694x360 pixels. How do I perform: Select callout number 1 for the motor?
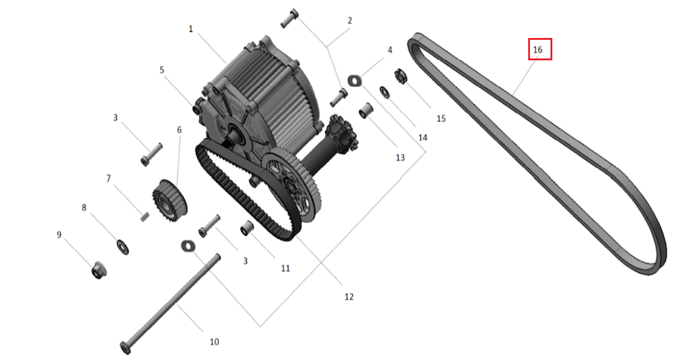click(x=191, y=28)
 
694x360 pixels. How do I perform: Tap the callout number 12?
click(x=349, y=297)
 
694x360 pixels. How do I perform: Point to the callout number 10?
click(x=214, y=342)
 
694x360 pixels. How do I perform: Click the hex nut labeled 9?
click(x=98, y=271)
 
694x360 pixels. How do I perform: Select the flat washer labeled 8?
click(x=122, y=246)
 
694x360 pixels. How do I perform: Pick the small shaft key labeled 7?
click(x=145, y=216)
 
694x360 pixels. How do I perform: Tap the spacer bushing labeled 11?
click(x=247, y=230)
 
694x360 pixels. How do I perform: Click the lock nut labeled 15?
click(x=399, y=77)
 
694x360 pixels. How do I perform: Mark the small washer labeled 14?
click(x=383, y=91)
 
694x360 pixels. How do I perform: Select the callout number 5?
click(x=162, y=70)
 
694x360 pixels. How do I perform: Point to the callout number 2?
click(x=349, y=21)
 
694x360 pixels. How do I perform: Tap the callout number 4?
click(x=390, y=50)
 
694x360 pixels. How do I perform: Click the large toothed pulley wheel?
click(x=292, y=187)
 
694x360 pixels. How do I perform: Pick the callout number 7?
click(x=109, y=178)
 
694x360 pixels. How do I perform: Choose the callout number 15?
click(x=441, y=118)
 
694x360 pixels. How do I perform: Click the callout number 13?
click(x=400, y=157)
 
